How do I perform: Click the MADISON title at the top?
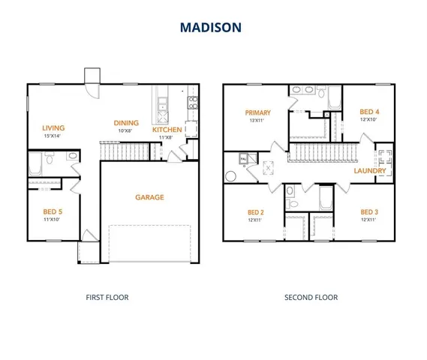210,27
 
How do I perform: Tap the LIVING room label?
53,127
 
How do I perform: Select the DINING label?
126,123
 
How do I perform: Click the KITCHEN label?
167,130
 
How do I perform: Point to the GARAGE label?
149,197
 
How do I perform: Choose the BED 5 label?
53,212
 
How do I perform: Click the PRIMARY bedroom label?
258,112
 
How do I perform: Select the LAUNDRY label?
370,171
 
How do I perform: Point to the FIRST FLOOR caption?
108,298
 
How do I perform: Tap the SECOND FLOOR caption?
311,298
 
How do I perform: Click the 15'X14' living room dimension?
53,136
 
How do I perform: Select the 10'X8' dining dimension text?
126,130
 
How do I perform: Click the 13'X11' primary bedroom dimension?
258,121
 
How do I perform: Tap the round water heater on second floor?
231,176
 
